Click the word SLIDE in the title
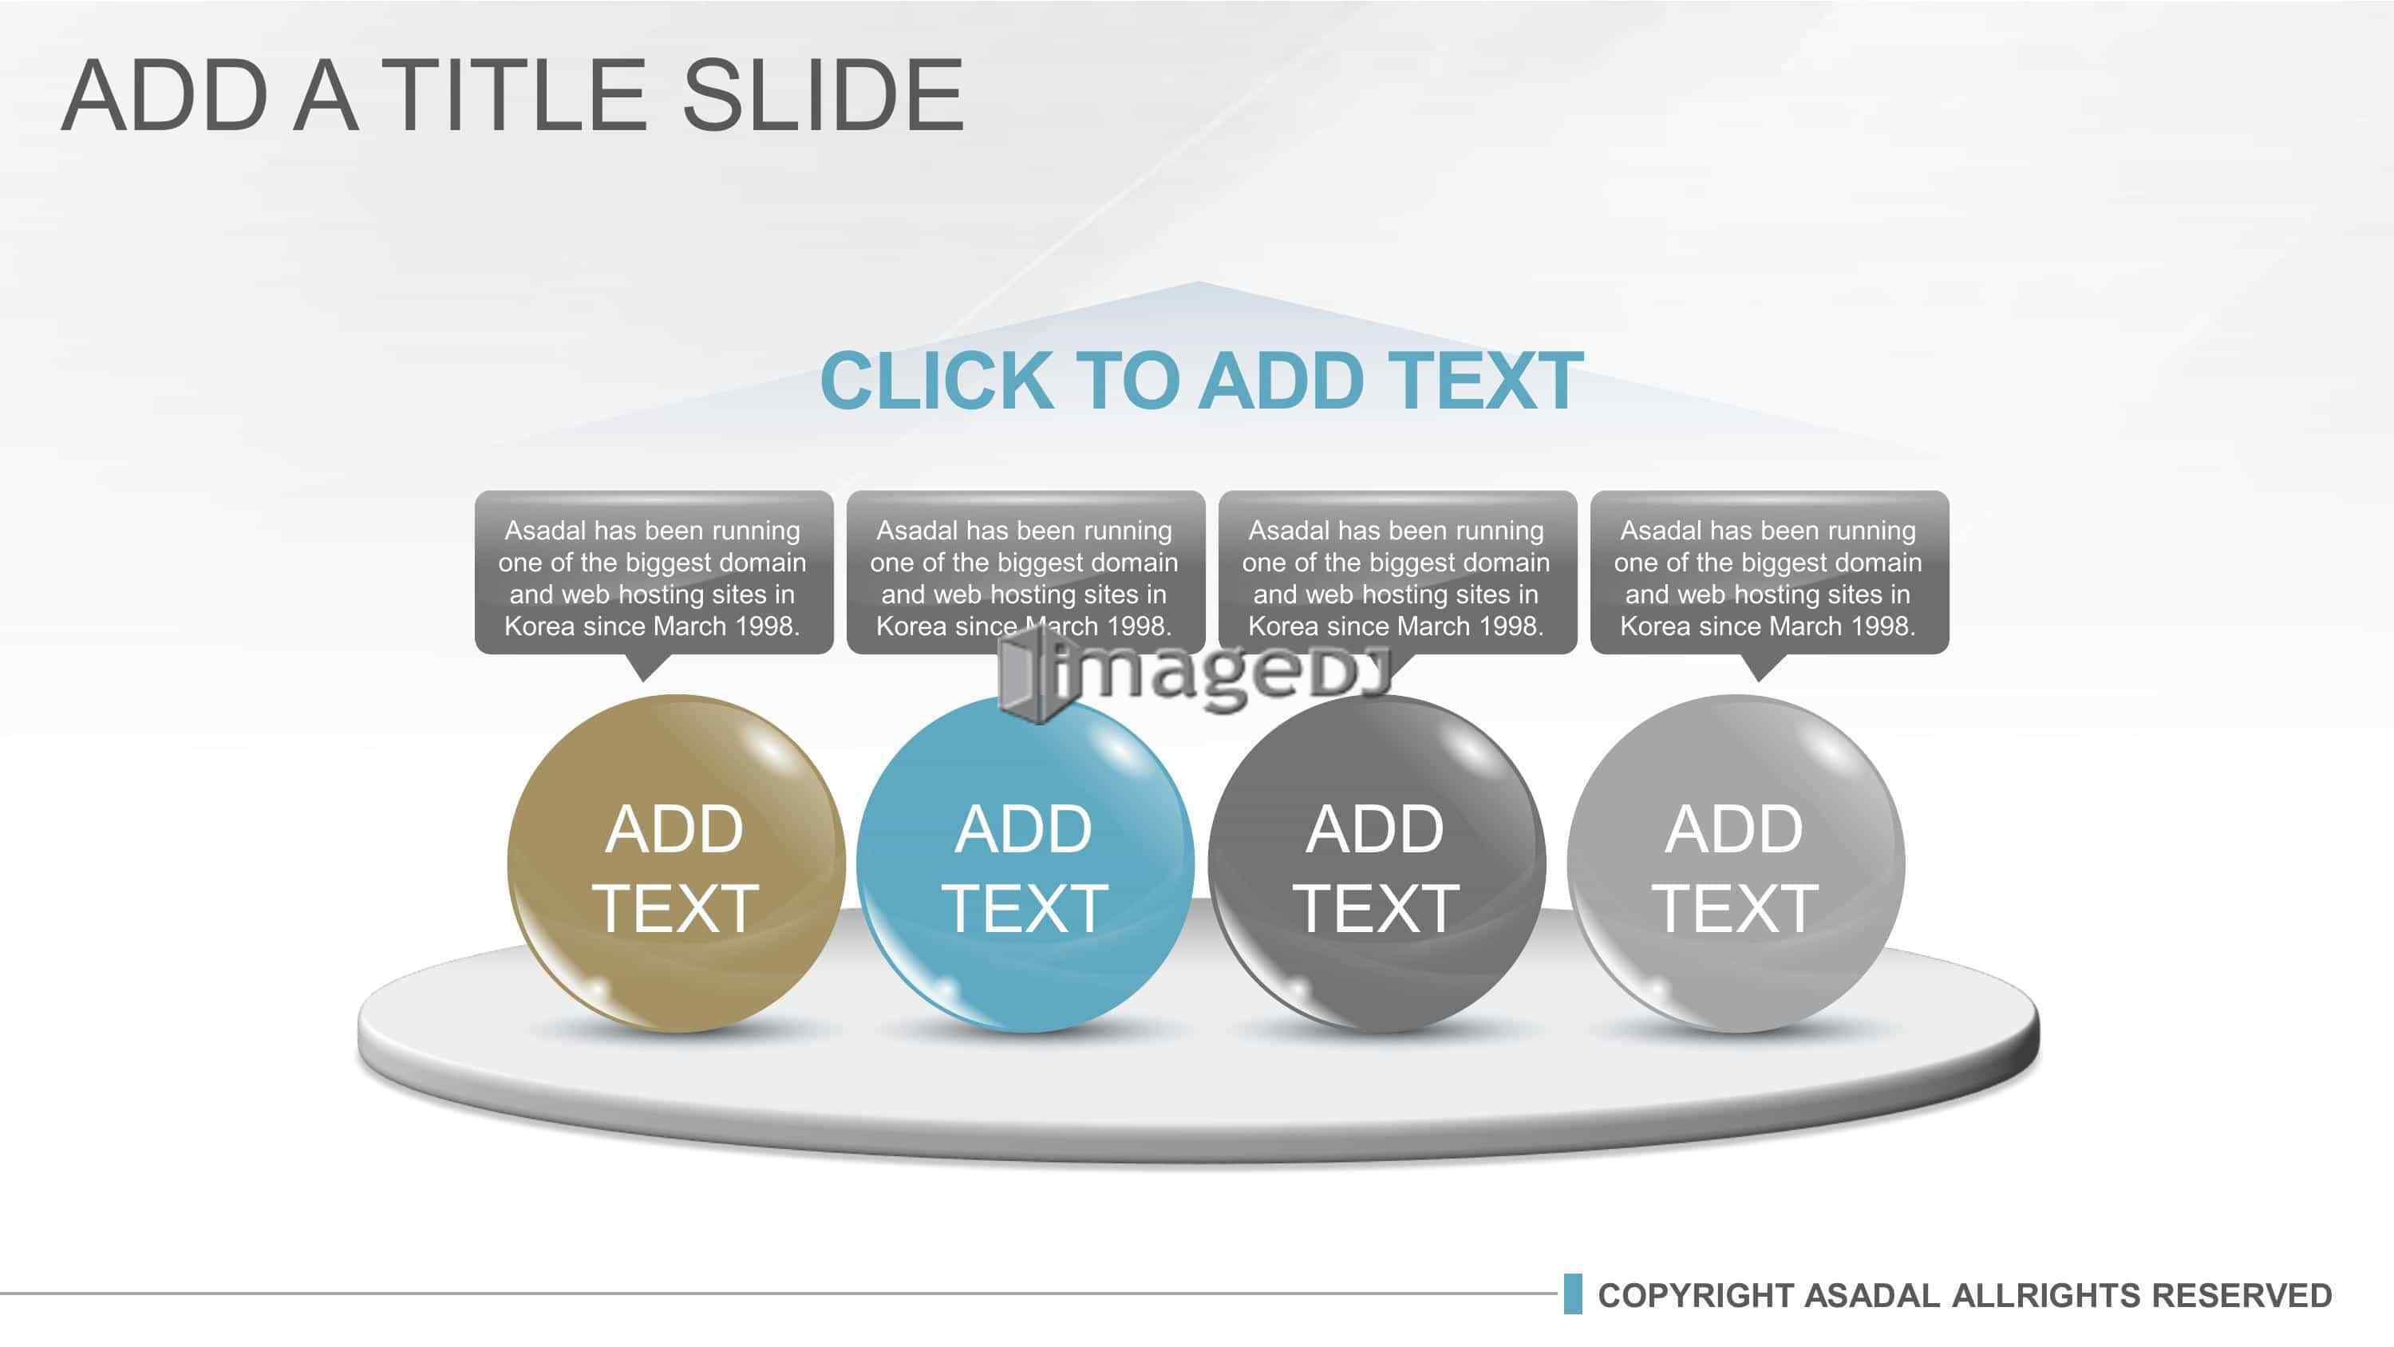point(824,95)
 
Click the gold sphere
point(676,863)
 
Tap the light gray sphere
point(1735,863)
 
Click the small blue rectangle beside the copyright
point(1572,1294)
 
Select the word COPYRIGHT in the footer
point(1695,1296)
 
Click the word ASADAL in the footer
point(1871,1296)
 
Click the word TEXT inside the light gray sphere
point(1734,908)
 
